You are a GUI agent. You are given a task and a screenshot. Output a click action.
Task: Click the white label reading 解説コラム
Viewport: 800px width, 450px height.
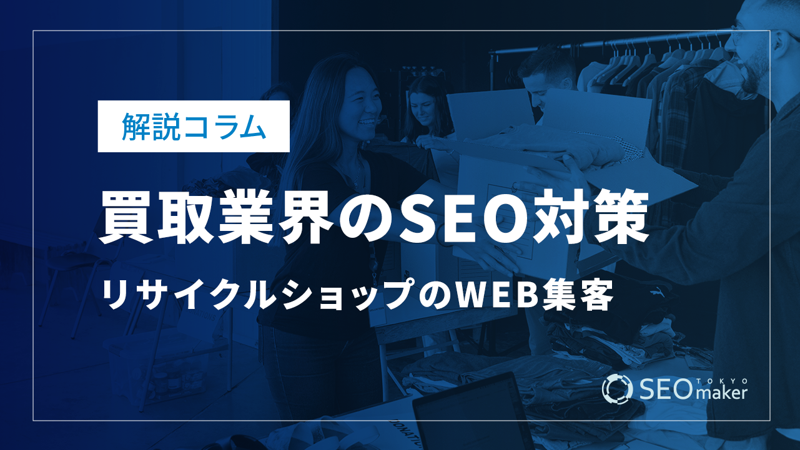coord(194,126)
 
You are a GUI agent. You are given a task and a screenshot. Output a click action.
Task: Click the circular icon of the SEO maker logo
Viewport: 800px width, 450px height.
coord(617,389)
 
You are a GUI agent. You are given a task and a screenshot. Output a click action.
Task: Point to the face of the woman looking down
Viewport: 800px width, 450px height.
coord(422,107)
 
